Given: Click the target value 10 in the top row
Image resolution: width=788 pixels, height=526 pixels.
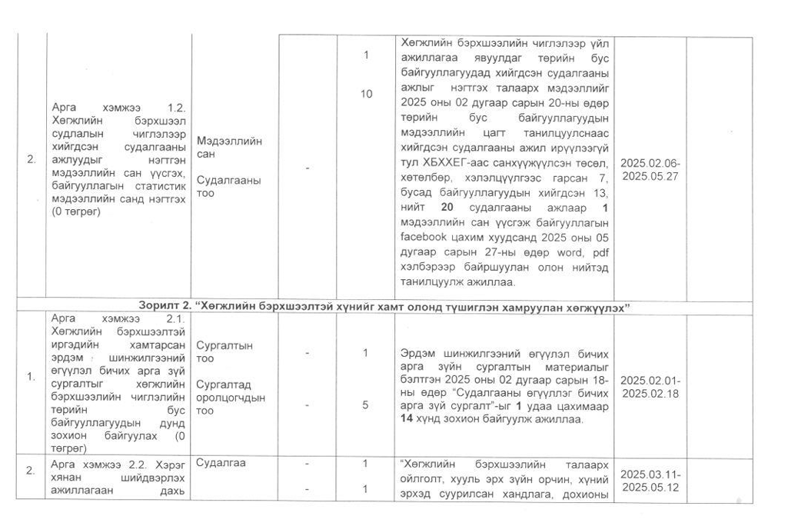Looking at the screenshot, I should click(366, 93).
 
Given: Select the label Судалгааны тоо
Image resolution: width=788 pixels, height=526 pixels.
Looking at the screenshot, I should click(228, 186).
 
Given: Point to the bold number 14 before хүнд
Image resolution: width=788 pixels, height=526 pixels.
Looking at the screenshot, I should click(411, 420).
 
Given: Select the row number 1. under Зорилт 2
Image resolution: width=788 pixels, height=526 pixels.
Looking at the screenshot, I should click(31, 377).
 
